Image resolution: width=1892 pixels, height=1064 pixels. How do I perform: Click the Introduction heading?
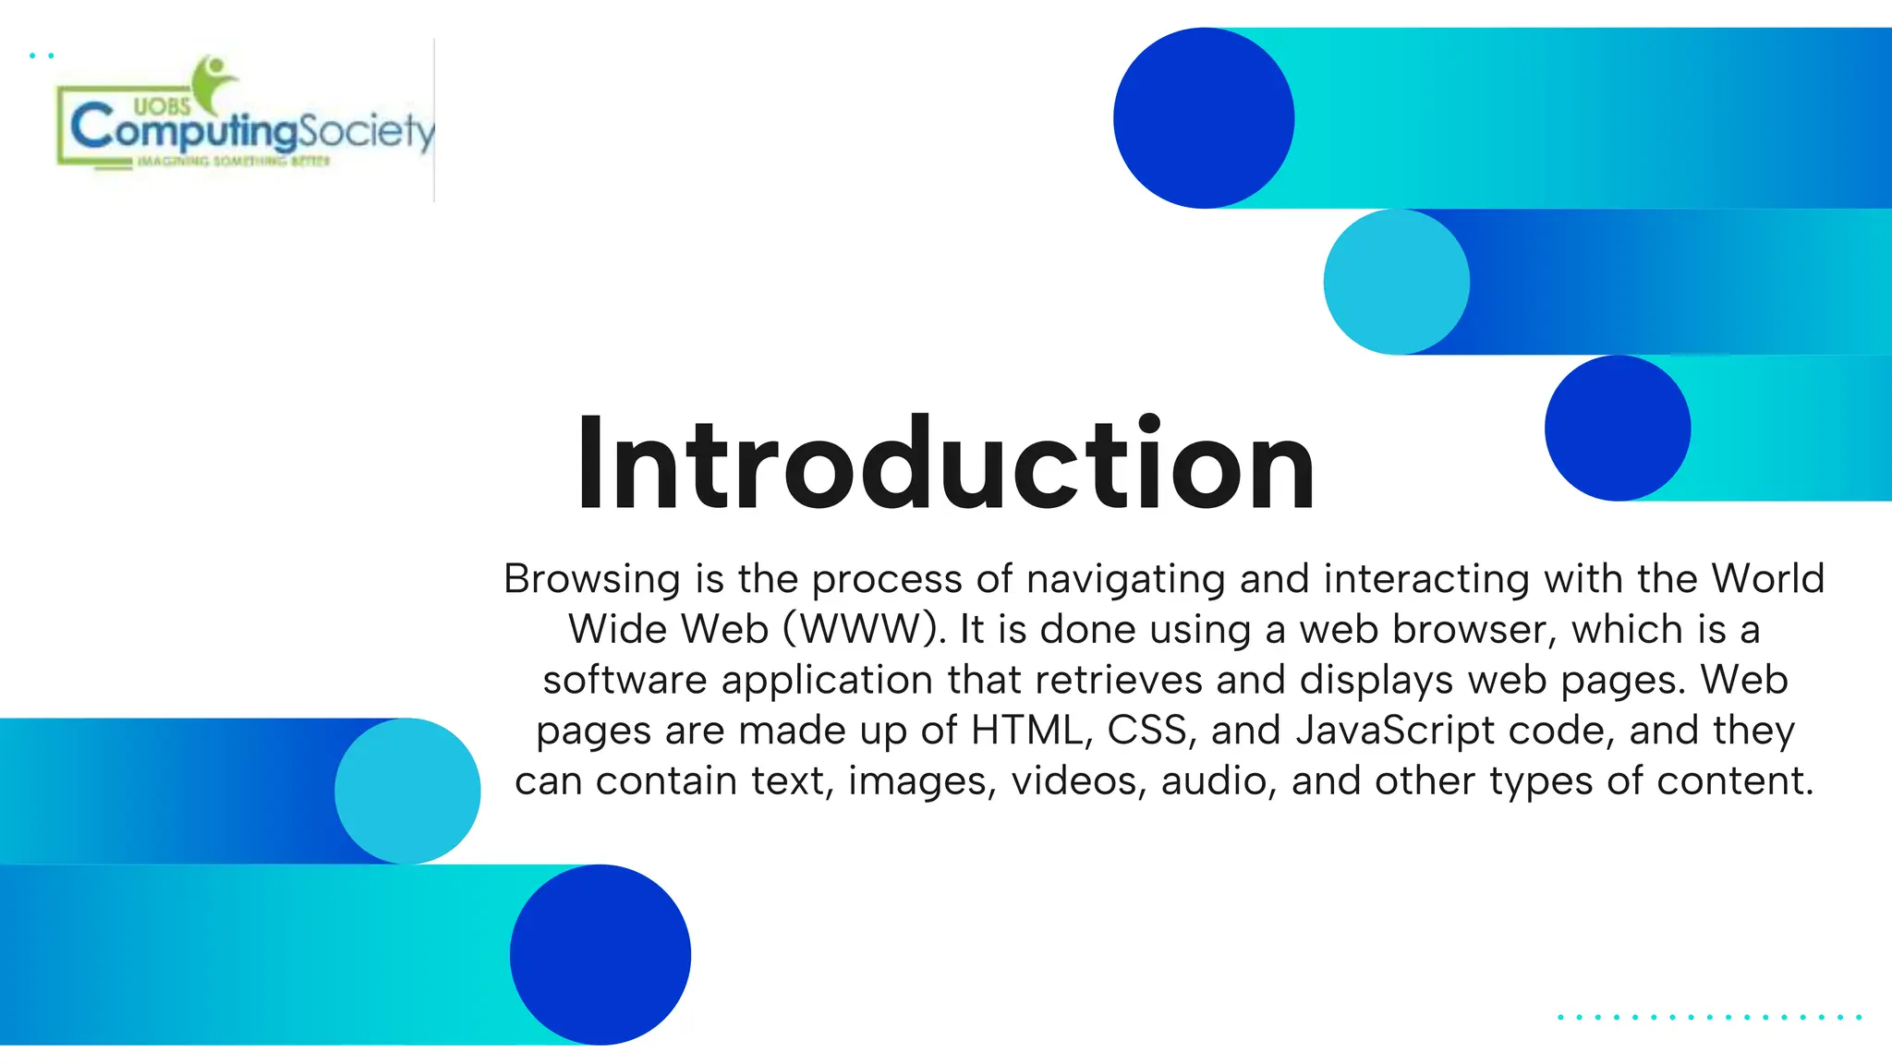(944, 464)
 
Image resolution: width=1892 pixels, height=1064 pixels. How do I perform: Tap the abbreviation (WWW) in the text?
(864, 630)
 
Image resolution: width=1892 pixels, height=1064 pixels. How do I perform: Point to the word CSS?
(1146, 731)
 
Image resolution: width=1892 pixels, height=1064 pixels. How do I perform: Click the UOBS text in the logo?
(162, 106)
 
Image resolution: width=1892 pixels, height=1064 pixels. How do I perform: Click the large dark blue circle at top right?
(1203, 118)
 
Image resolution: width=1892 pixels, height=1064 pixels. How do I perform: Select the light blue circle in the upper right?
(1396, 282)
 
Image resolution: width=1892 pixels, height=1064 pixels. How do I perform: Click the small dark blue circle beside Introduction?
(1618, 429)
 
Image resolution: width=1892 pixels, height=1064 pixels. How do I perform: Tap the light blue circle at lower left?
(407, 791)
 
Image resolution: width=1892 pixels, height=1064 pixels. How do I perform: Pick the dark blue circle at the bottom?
(600, 954)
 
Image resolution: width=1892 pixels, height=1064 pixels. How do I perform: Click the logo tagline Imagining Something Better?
(233, 162)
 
